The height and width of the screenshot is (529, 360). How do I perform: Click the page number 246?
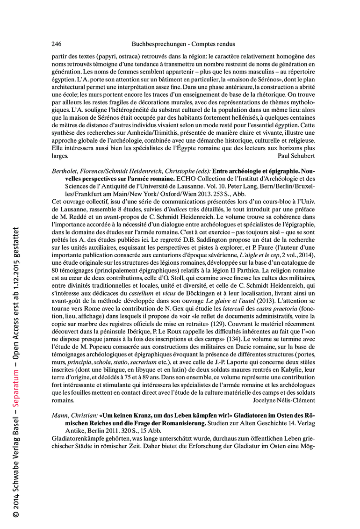click(56, 44)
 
